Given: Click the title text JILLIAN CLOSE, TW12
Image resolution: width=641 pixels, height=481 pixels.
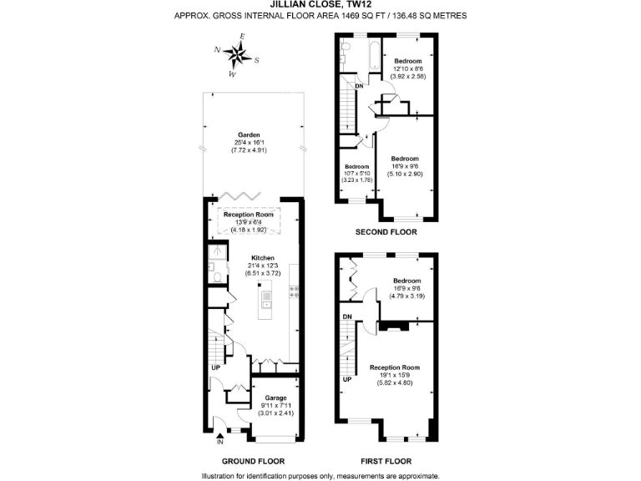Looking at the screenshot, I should click(x=320, y=4).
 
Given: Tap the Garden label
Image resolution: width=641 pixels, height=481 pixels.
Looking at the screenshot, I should click(x=249, y=134).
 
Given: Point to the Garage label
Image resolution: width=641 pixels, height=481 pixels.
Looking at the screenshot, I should click(x=275, y=397).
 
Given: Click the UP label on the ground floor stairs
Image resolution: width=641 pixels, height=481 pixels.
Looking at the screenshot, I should click(x=215, y=367).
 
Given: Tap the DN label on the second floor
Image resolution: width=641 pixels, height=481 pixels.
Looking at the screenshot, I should click(x=359, y=86).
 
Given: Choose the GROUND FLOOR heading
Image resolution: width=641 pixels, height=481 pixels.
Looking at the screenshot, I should click(x=253, y=460).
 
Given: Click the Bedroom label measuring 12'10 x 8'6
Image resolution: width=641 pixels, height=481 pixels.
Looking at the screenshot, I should click(x=408, y=62).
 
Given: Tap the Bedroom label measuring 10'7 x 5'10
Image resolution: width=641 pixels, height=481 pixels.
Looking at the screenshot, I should click(x=356, y=166).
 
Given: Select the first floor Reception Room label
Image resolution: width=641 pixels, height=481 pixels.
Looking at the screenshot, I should click(x=394, y=367).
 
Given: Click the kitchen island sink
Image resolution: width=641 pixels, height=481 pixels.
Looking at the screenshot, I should click(x=266, y=296).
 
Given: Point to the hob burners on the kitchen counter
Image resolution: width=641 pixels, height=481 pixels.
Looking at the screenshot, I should click(x=295, y=292).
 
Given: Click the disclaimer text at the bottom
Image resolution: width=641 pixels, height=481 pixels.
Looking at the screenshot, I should click(x=320, y=475).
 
